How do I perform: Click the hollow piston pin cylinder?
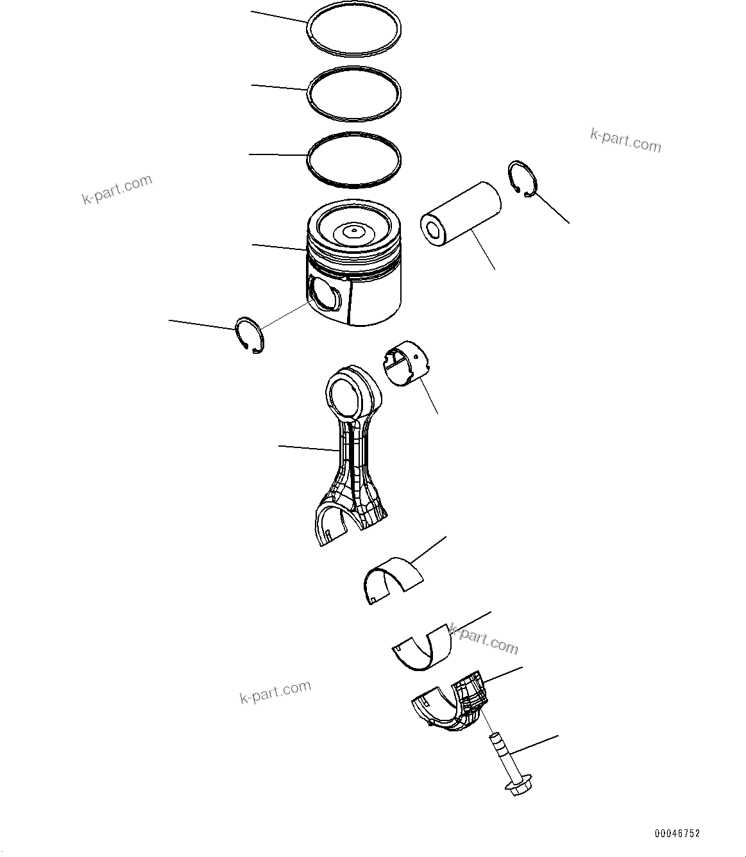pyautogui.click(x=461, y=214)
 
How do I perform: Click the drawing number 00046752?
pyautogui.click(x=677, y=833)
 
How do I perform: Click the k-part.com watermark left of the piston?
pyautogui.click(x=117, y=189)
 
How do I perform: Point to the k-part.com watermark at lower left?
pyautogui.click(x=275, y=692)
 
